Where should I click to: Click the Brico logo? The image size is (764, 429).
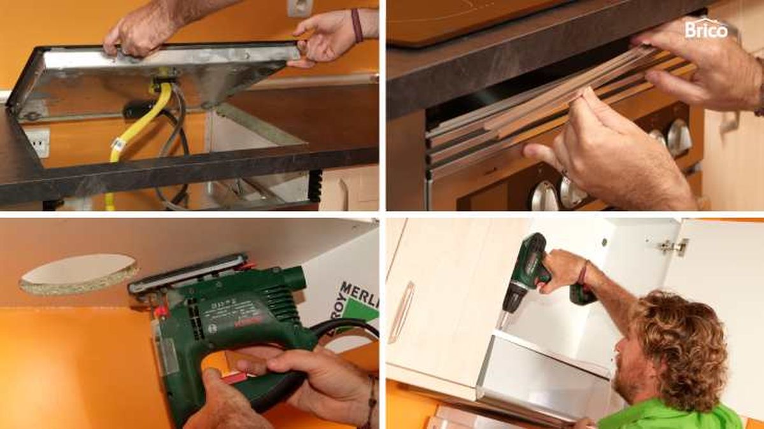click(705, 28)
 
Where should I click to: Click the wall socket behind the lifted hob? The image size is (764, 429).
click(299, 8)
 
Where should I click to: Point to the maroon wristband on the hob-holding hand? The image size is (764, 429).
click(357, 25)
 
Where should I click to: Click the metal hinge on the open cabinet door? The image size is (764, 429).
click(674, 246)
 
